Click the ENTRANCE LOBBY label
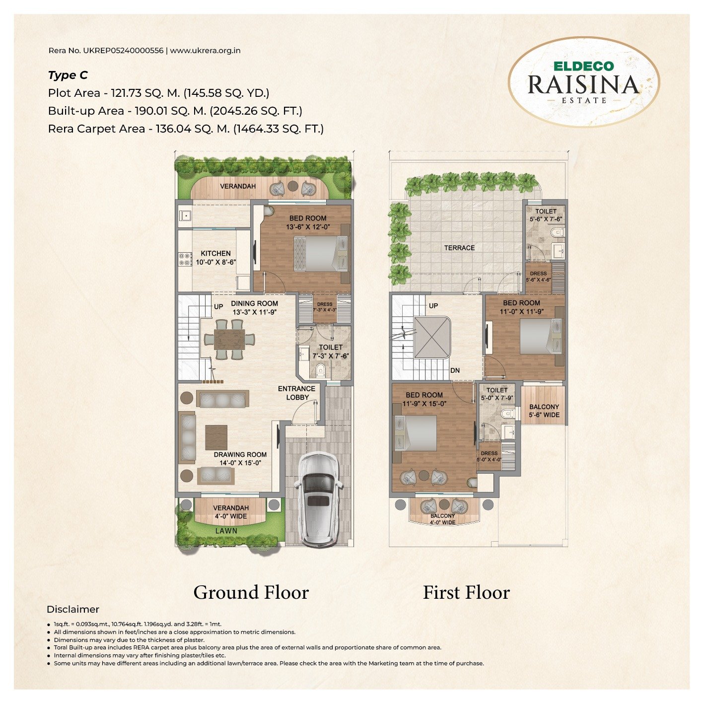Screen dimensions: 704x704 pos(296,393)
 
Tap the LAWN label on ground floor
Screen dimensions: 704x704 pos(226,530)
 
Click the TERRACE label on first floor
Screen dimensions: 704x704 pos(459,247)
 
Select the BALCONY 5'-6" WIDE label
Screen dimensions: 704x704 pos(544,411)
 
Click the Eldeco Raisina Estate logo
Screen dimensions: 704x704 pos(583,82)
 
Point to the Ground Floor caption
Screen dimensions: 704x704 pos(251,592)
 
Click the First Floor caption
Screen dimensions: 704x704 pos(466,592)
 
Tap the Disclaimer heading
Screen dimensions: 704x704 pos(73,609)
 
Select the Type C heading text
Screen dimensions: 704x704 pos(68,75)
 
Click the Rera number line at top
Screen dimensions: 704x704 pos(144,50)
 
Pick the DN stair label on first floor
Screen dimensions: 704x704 pos(455,370)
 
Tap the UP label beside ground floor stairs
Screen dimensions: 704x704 pos(218,307)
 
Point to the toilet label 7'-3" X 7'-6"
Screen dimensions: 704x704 pos(331,352)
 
